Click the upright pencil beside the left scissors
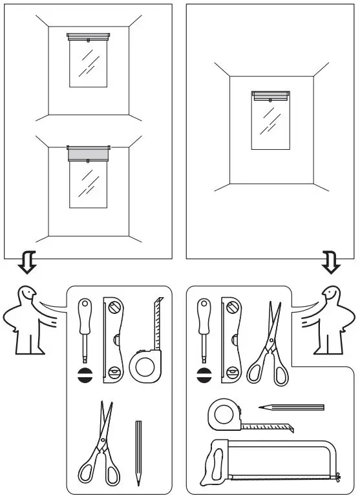tap(138, 452)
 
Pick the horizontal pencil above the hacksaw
tap(291, 408)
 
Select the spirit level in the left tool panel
tap(114, 340)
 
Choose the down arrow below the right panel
tap(331, 262)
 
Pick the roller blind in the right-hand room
tap(270, 96)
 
